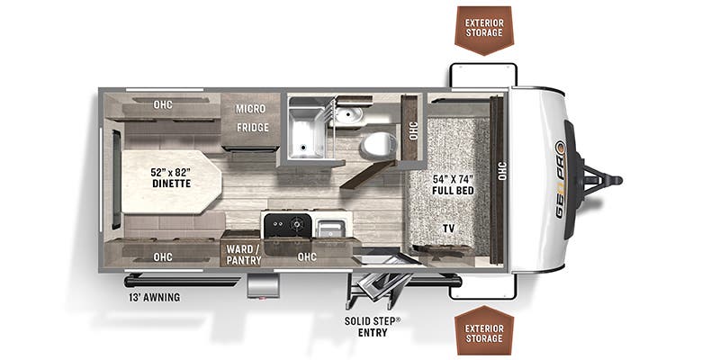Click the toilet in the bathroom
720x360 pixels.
click(376, 144)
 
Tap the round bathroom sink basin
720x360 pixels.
click(349, 114)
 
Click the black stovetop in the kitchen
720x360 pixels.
click(286, 224)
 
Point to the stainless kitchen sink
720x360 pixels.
click(328, 229)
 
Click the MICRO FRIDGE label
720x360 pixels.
click(252, 118)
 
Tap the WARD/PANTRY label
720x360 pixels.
click(243, 255)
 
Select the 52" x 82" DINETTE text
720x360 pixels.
click(170, 177)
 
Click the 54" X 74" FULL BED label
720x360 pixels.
click(453, 184)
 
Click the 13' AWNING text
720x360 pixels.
click(154, 298)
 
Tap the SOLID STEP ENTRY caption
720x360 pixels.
click(373, 327)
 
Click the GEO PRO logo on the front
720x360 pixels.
click(561, 179)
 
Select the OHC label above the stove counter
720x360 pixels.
click(307, 257)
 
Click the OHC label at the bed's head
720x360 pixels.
click(501, 171)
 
